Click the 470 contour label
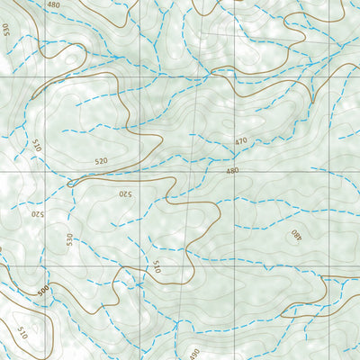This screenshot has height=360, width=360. click(x=241, y=141)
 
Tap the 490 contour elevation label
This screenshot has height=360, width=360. click(x=193, y=354)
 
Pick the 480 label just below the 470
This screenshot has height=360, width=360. click(x=232, y=171)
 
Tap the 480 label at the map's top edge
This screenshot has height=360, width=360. click(x=54, y=4)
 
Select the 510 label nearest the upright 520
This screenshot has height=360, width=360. click(x=37, y=144)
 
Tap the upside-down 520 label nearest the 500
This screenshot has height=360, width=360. click(x=38, y=214)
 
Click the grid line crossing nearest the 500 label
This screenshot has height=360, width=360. click(x=45, y=266)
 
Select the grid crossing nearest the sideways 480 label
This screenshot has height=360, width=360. click(x=328, y=266)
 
